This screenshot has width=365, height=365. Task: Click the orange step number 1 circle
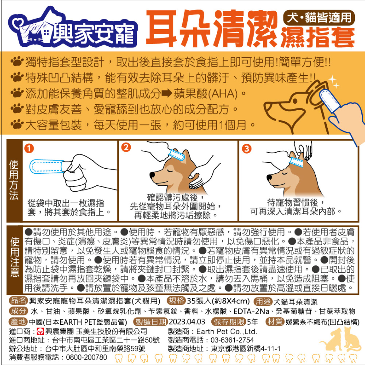[29, 148]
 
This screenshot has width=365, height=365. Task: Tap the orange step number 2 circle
[126, 147]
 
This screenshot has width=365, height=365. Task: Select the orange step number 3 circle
[246, 148]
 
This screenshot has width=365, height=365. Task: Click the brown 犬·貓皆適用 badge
[319, 18]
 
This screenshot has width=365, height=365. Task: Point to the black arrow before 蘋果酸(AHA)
[167, 93]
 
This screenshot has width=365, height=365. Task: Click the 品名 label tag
[18, 300]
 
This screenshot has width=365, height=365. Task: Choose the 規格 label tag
[176, 300]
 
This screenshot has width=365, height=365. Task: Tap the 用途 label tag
[263, 301]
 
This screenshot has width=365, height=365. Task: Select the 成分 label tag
[18, 311]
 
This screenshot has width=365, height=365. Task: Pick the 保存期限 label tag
[228, 322]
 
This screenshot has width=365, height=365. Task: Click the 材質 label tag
[275, 322]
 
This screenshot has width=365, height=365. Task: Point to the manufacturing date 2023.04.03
[187, 322]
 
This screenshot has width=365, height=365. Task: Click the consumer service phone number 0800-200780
[87, 357]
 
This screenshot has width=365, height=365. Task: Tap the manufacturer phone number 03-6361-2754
[232, 340]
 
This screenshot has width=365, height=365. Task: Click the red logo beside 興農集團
[40, 331]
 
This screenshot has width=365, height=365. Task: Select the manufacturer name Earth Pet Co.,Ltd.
[227, 331]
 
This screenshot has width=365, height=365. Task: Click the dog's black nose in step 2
[152, 174]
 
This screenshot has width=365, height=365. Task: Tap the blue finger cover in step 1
[47, 166]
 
